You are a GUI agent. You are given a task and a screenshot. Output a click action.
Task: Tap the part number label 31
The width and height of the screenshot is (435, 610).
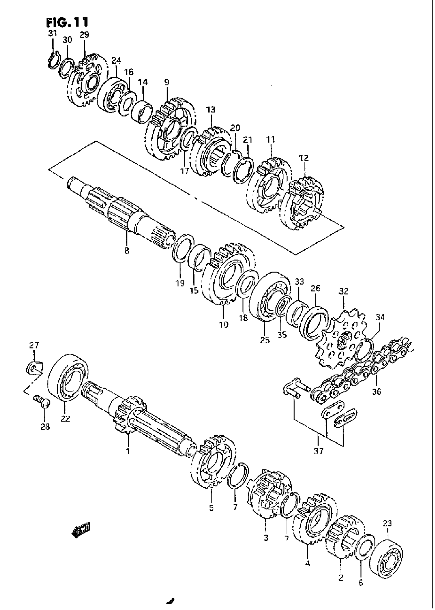(52, 33)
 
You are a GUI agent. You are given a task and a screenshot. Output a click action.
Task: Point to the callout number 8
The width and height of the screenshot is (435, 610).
(127, 251)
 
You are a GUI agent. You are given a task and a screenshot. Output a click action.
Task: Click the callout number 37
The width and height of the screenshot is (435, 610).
(319, 451)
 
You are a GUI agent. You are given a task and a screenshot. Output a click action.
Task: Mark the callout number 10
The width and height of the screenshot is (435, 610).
(224, 324)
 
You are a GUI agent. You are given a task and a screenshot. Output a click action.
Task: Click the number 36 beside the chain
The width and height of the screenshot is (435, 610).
(377, 392)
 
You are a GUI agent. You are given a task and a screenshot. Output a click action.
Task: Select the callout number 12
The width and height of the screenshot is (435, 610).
(304, 158)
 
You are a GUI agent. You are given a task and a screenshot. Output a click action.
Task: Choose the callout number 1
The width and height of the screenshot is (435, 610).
(128, 451)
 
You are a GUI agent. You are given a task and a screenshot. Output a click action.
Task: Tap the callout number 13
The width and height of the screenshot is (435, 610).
(211, 109)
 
